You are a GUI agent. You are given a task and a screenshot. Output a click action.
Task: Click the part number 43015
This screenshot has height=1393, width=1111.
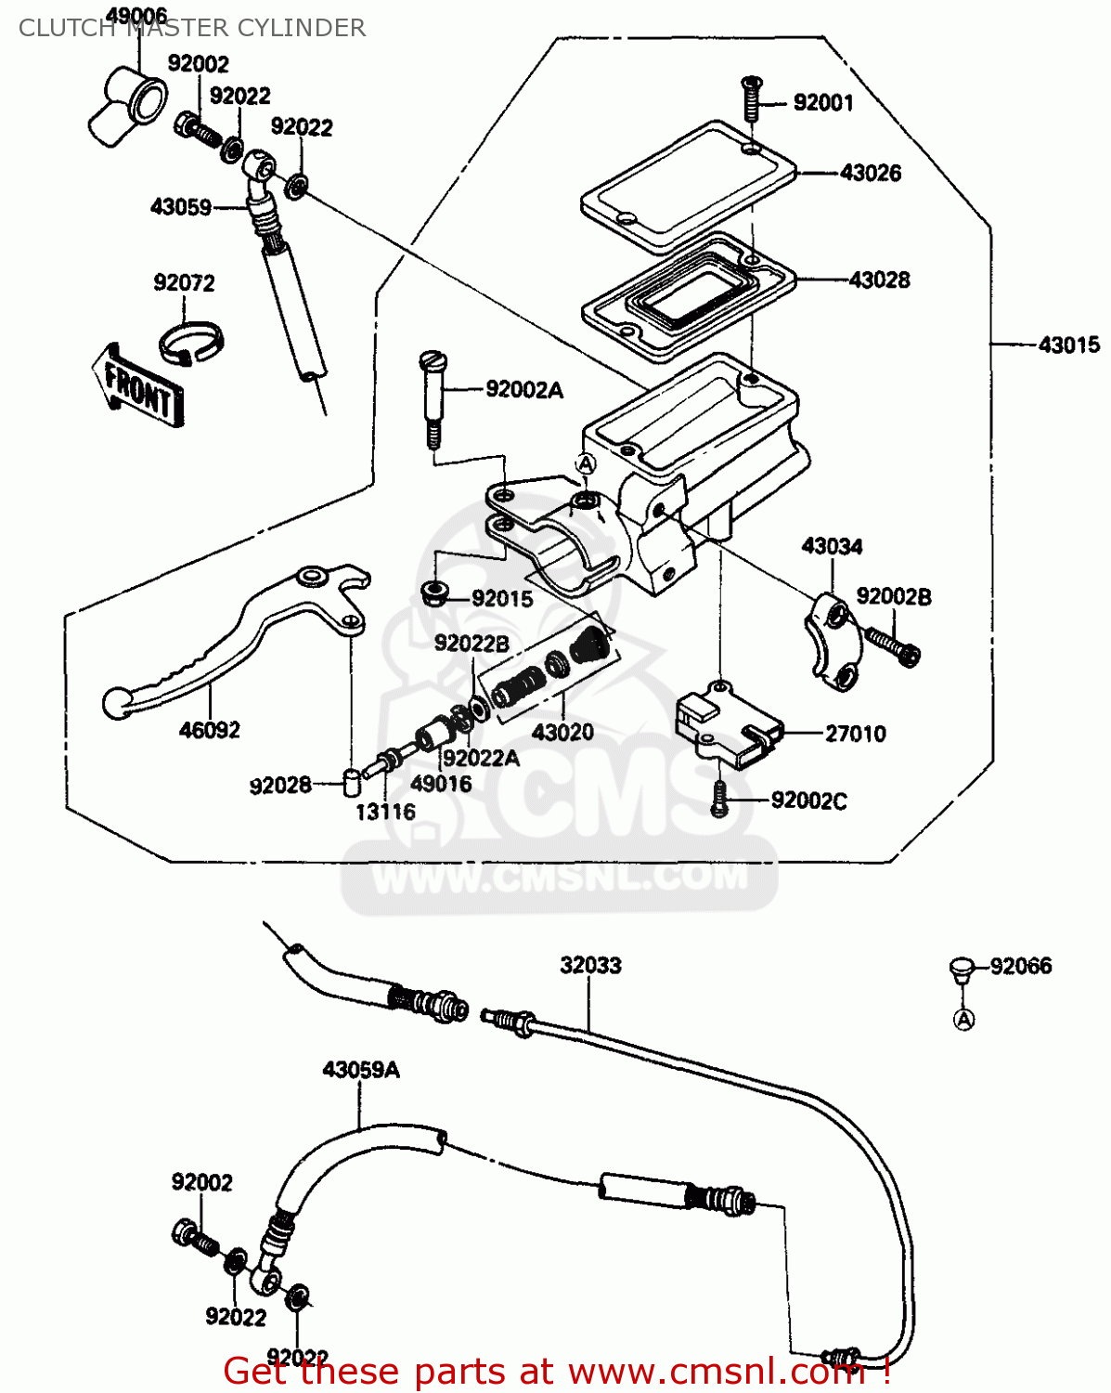tap(1068, 345)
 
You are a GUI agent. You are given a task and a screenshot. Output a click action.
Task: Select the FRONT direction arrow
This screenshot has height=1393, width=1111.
tap(138, 386)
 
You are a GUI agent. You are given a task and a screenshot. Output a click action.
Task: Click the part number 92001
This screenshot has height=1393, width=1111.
tap(823, 102)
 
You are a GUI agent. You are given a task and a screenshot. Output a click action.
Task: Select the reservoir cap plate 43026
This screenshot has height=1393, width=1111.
tap(687, 186)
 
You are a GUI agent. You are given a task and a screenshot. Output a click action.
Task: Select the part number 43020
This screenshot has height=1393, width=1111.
tap(562, 733)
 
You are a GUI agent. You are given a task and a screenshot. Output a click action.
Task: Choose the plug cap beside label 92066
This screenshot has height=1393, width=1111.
tap(962, 970)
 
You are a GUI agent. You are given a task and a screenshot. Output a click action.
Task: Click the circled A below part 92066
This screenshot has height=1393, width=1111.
tap(964, 1020)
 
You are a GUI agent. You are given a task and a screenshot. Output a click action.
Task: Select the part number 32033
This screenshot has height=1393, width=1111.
tap(590, 966)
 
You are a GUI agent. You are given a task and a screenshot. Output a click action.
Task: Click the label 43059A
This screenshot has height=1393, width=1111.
tap(361, 1070)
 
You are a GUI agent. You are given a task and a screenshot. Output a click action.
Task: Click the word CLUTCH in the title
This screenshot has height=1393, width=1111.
tap(66, 28)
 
